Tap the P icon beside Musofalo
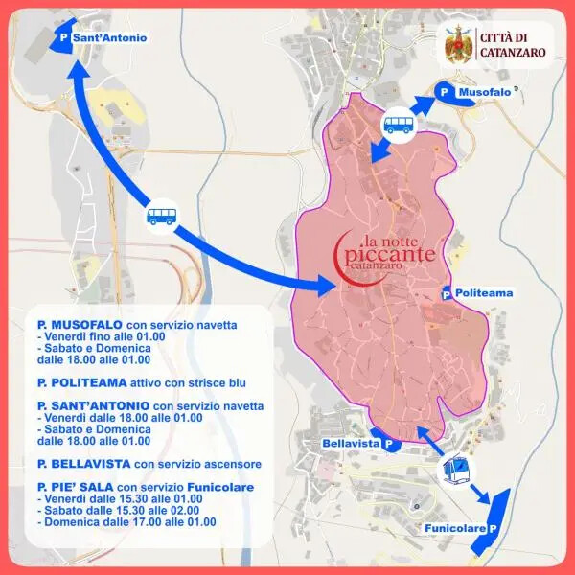tap(443, 91)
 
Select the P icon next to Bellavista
tap(388, 444)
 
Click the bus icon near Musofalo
tap(398, 124)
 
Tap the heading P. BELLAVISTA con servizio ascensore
tap(137, 464)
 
